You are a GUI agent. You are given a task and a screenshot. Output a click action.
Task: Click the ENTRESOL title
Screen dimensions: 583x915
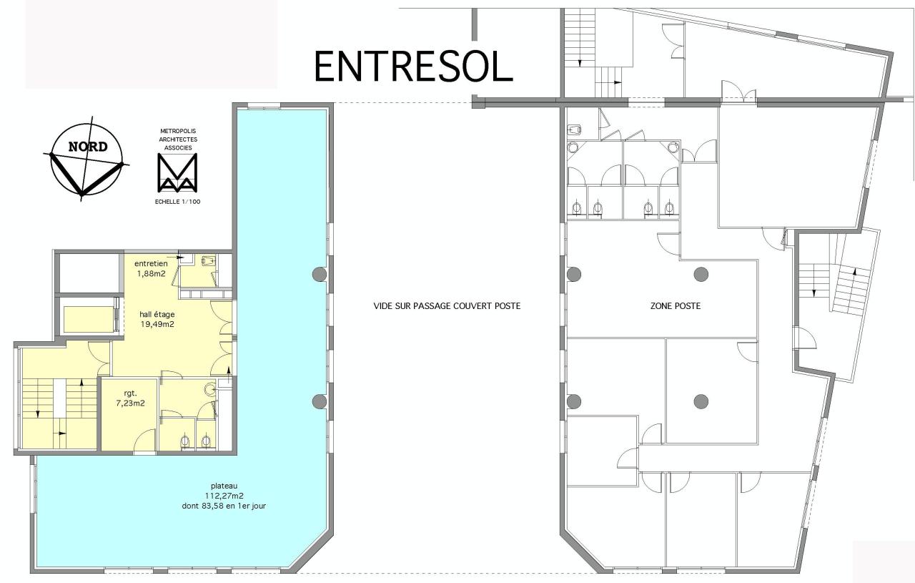click(413, 67)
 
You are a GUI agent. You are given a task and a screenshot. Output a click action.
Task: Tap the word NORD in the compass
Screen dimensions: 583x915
click(88, 147)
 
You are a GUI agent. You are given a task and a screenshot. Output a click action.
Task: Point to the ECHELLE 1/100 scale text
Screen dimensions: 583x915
click(177, 202)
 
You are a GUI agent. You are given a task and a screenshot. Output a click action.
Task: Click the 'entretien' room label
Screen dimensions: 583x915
click(152, 263)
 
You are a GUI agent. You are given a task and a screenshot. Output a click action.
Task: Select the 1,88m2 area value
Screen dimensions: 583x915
click(152, 273)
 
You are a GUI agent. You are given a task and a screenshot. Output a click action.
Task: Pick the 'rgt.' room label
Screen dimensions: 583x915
click(130, 393)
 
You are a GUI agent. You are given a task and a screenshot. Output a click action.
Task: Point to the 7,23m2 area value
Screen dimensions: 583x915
click(130, 403)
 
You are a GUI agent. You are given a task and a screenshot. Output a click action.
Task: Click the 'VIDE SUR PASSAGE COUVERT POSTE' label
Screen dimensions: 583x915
click(447, 306)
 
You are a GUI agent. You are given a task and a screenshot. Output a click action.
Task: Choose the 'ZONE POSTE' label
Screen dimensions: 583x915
click(675, 306)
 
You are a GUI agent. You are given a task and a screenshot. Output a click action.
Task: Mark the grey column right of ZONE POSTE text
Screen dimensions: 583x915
click(701, 273)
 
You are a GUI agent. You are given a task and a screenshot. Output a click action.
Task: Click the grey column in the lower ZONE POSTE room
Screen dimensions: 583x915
click(701, 401)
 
